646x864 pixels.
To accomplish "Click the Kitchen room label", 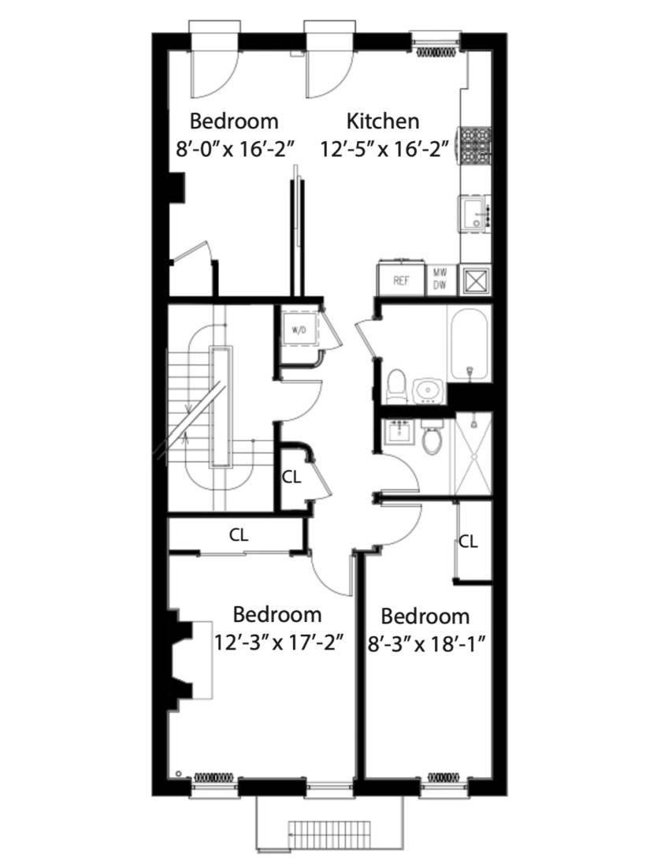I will click(x=383, y=121).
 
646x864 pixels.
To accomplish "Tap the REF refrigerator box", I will click(x=400, y=281).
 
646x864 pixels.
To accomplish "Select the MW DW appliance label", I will click(x=439, y=280).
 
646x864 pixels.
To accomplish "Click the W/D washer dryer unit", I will click(x=299, y=331).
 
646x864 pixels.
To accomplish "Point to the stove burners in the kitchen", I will click(x=476, y=145).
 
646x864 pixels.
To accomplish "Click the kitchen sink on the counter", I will click(x=473, y=213).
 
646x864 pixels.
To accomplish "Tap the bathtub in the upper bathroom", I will click(x=470, y=344).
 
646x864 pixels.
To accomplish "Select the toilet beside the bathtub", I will click(x=398, y=385).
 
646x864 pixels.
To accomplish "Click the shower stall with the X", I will click(x=471, y=456).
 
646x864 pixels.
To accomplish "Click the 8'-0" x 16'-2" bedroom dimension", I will click(x=234, y=148).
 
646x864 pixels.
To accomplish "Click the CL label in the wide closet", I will click(x=239, y=534).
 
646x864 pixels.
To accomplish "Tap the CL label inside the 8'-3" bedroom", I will click(x=469, y=541).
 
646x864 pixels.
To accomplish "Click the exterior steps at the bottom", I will click(x=331, y=832).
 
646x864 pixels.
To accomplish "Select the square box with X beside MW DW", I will click(x=475, y=280).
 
